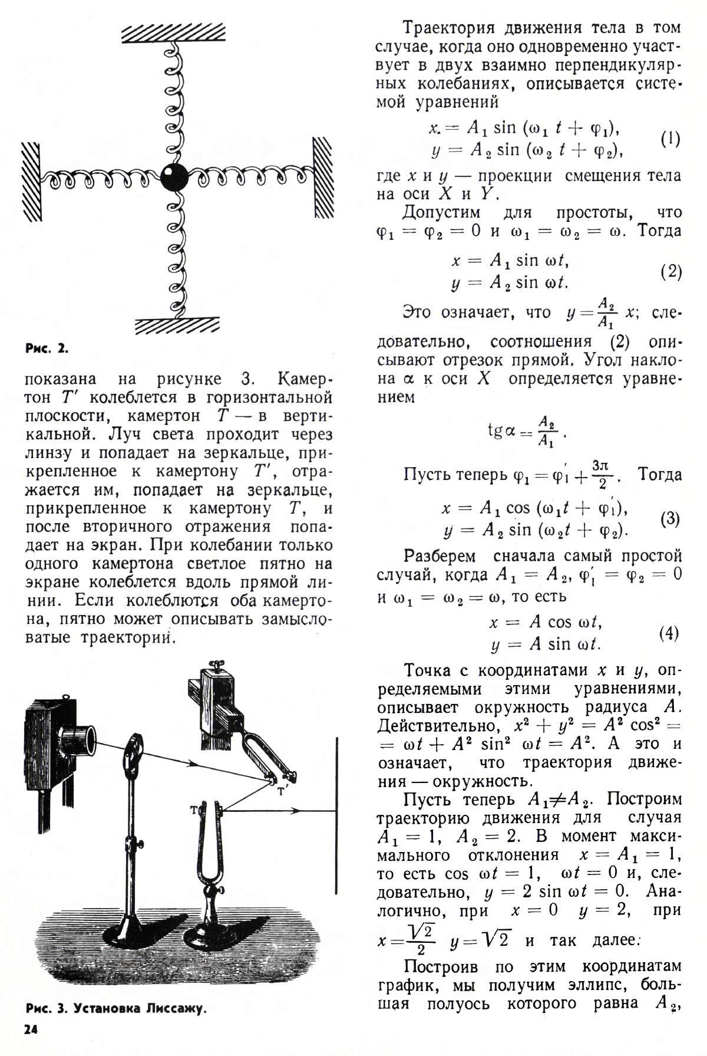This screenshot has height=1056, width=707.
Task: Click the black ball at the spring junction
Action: coord(174,176)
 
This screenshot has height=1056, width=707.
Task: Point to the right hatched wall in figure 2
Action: coord(322,178)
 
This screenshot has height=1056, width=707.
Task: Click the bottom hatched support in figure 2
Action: coord(177,326)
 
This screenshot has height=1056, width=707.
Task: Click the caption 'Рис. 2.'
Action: coord(47,348)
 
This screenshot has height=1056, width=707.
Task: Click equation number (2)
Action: coord(670,272)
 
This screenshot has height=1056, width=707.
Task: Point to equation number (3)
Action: coord(670,519)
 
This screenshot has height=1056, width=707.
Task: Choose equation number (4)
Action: coord(669,633)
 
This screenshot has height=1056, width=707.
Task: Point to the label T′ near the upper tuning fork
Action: coord(282,792)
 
